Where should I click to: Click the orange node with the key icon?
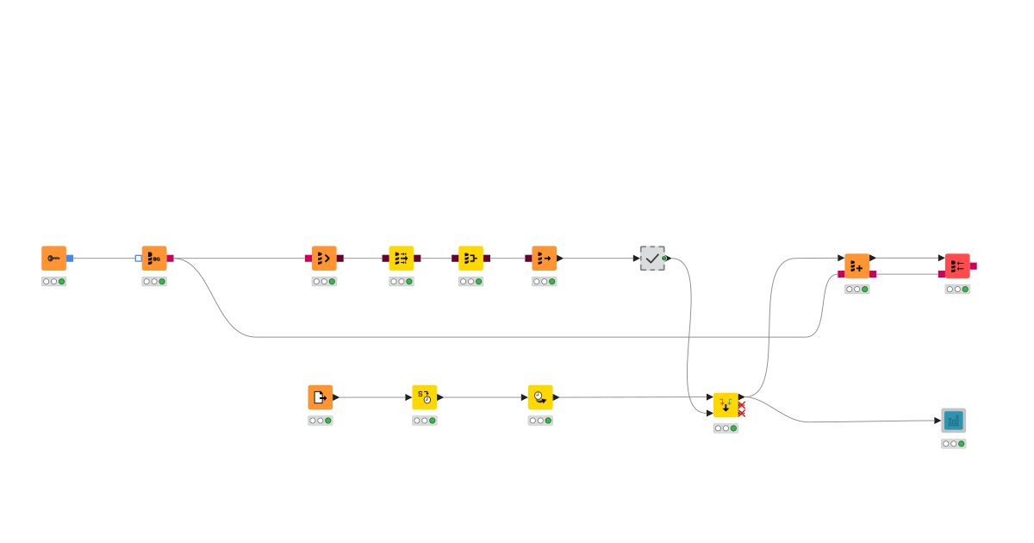coord(53,258)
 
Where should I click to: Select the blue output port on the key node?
coord(70,258)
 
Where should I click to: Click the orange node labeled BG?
coord(154,258)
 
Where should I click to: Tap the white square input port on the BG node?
coord(139,258)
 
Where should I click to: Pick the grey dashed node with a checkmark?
coord(652,258)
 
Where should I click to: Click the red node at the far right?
coord(957,265)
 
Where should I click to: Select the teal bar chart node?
coord(953,421)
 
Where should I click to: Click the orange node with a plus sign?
coord(856,265)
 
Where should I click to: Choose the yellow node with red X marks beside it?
coord(726,405)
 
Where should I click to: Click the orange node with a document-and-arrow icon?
coord(320,397)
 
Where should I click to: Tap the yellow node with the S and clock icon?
coord(424,397)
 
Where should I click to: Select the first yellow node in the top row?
coord(402,258)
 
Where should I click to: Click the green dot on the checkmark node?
coord(664,258)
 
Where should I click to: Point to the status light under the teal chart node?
coord(953,444)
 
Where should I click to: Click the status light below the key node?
coord(53,281)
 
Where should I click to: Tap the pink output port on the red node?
coord(973,265)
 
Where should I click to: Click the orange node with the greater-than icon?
coord(324,258)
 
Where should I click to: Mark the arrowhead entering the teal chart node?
coord(937,421)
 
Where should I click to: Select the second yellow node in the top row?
coord(470,258)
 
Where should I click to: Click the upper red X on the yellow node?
coord(741,403)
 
